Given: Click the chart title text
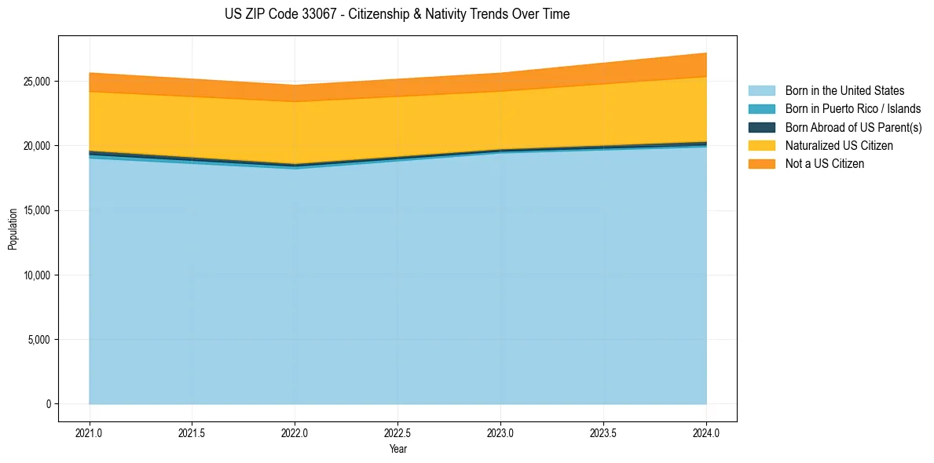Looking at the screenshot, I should coord(397,14).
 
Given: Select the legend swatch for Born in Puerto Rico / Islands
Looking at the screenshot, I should coord(761,109).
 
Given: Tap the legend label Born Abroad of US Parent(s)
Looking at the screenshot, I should coord(853,127).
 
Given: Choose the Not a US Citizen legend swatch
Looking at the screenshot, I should coord(761,164).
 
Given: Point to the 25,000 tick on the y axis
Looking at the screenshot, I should coord(37,82).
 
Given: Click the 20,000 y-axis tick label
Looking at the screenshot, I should coord(37,146).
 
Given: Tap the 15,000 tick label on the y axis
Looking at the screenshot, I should coord(37,211).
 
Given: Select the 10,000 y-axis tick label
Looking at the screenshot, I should coord(37,275).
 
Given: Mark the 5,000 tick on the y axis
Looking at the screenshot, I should coord(39,340).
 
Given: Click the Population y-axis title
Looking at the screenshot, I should coord(13,229).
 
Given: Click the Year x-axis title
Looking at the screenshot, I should coord(397,449).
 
